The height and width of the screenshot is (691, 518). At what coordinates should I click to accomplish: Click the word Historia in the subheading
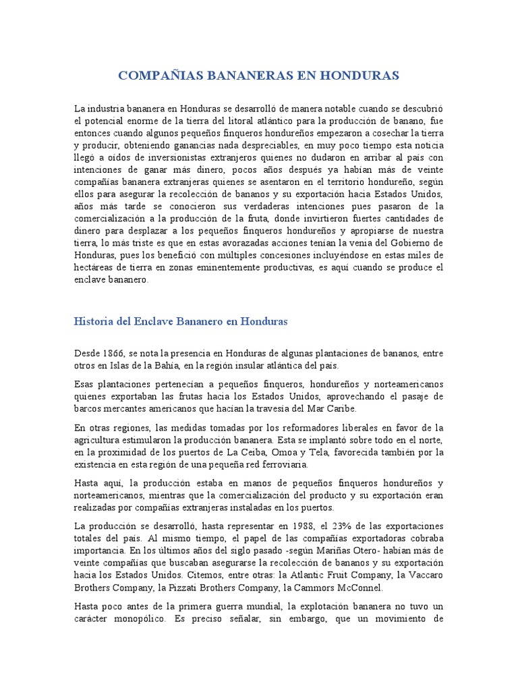coord(94,322)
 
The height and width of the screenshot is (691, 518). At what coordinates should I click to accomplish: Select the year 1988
coord(297,525)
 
